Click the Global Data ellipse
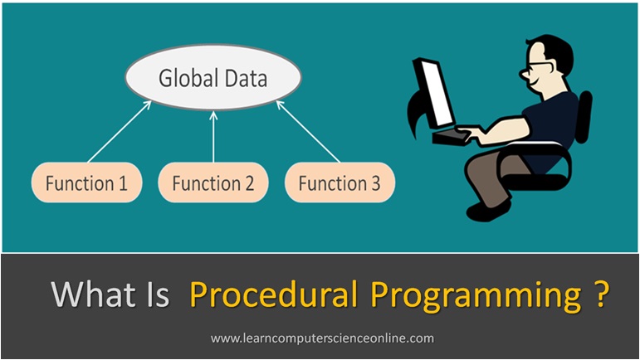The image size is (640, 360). click(213, 80)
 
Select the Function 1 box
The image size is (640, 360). click(87, 183)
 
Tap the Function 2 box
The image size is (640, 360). click(213, 183)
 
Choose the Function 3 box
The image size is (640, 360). click(340, 183)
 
